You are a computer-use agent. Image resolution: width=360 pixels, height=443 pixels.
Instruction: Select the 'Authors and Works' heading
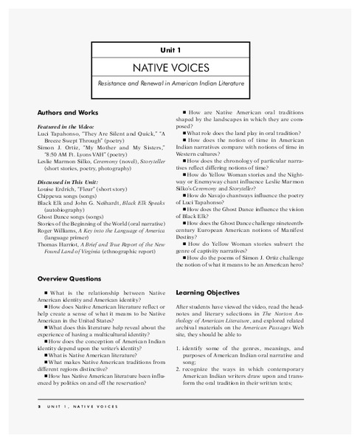pos(68,112)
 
